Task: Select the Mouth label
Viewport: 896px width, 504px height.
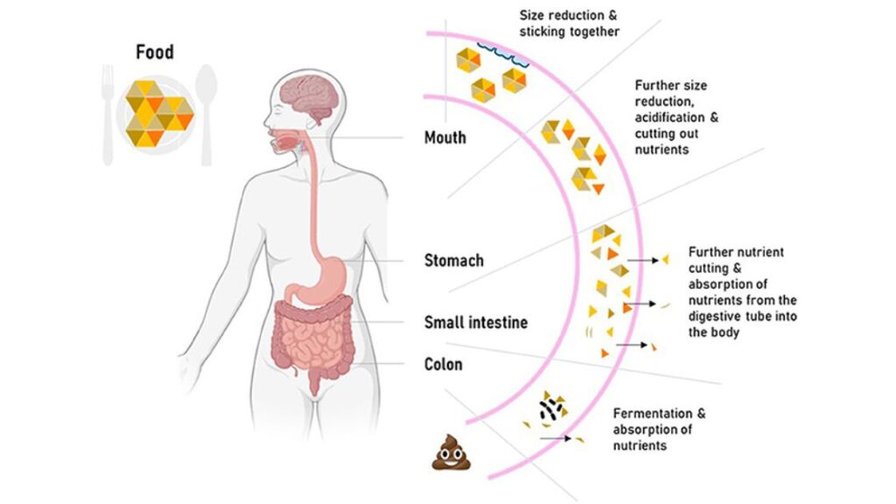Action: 444,137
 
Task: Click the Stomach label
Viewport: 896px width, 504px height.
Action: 453,260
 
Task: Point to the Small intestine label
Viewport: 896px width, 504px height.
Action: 475,322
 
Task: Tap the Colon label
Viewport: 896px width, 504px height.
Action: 444,363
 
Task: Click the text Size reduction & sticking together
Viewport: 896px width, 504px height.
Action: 569,24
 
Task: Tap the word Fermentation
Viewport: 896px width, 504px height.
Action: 659,413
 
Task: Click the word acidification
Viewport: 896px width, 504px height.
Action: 671,117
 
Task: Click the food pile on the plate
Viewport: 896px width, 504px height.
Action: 157,112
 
